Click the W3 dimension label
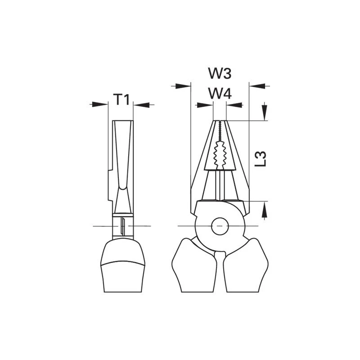pos(220,73)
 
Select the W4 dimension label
pos(220,94)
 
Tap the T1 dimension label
pos(121,99)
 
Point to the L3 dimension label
pos(261,159)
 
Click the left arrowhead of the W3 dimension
pos(183,86)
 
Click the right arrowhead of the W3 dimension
pos(257,86)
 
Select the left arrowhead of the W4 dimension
pos(205,105)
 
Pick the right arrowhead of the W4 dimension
pos(234,105)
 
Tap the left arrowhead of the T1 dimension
pos(100,104)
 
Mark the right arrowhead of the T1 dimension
pos(141,105)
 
